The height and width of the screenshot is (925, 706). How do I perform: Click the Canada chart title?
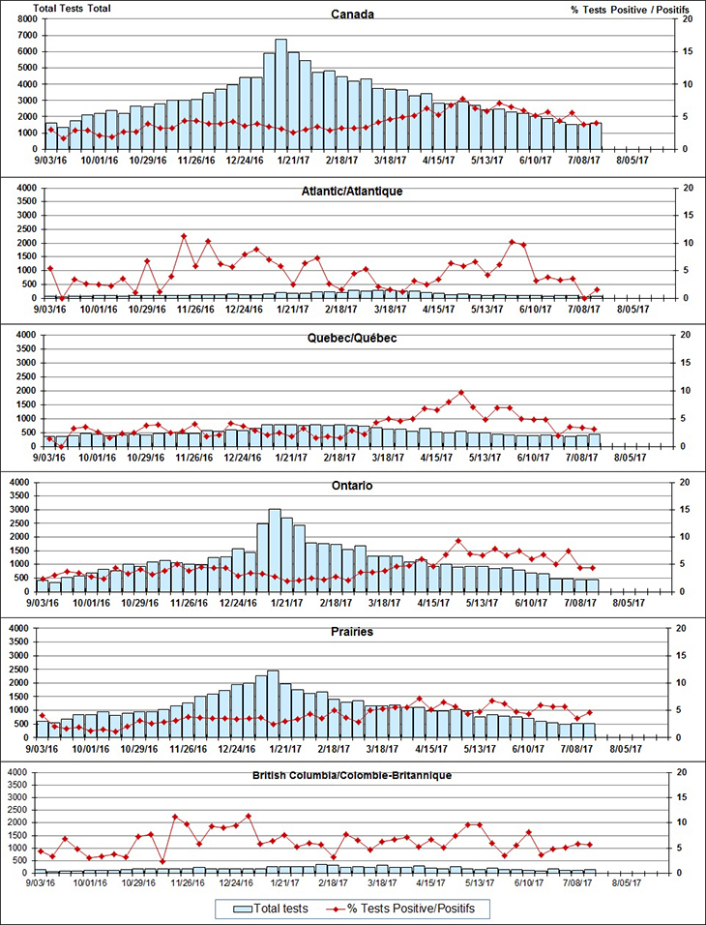click(352, 15)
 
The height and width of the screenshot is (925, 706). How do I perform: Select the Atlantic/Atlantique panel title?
click(352, 191)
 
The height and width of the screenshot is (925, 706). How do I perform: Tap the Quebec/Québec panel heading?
click(352, 338)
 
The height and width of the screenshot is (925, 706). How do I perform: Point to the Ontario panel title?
click(352, 486)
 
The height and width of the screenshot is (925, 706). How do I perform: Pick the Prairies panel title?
click(352, 632)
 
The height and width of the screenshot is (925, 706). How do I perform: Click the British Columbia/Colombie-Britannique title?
click(352, 775)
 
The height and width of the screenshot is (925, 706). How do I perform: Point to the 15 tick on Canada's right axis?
click(685, 51)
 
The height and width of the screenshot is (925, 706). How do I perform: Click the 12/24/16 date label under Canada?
click(246, 162)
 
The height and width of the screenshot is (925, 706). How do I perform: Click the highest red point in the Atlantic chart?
click(184, 236)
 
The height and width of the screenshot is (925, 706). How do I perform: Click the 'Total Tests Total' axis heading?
click(72, 8)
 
